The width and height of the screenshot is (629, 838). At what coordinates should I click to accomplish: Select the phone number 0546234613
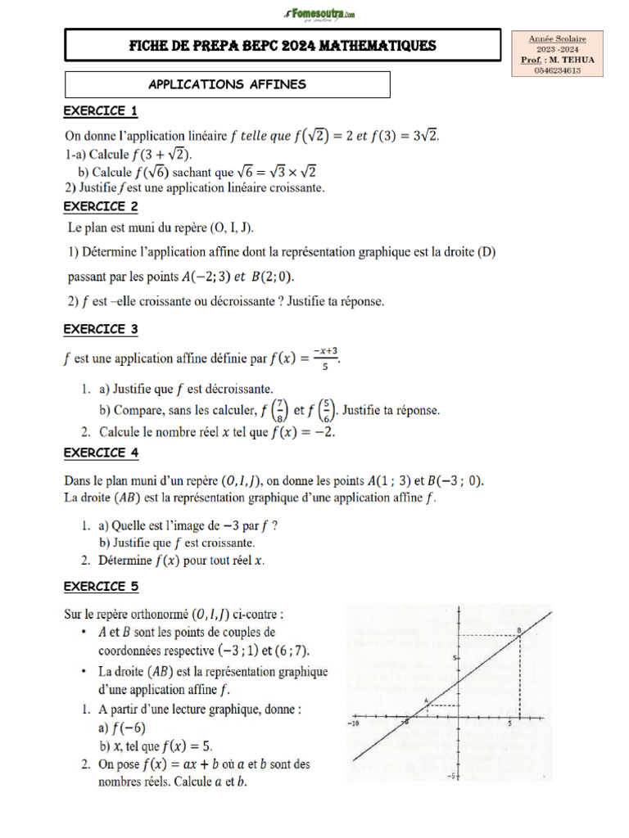[x=557, y=70]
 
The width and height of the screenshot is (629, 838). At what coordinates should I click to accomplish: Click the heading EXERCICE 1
[x=101, y=110]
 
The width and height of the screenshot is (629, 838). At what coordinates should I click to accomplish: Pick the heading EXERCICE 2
[x=101, y=206]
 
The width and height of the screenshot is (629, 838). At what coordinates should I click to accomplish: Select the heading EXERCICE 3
[x=101, y=329]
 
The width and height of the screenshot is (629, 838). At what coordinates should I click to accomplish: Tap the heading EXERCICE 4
[x=101, y=453]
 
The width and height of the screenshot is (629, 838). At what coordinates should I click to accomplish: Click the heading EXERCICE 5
[x=101, y=586]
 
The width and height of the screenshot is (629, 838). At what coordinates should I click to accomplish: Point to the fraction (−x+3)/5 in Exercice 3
[x=326, y=358]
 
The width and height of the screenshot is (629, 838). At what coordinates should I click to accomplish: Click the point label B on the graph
[x=518, y=629]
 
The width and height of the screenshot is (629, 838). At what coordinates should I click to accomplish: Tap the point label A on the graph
[x=426, y=699]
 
